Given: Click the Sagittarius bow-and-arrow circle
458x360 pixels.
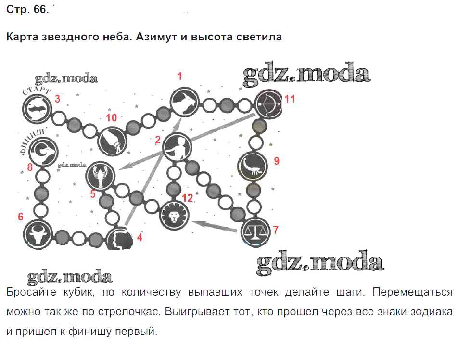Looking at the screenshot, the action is [x=268, y=104].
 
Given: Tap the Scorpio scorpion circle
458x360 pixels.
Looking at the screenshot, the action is [x=253, y=167].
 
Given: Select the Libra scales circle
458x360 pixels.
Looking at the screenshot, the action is [x=255, y=231].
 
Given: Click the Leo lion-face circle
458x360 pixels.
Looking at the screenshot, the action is [x=174, y=215].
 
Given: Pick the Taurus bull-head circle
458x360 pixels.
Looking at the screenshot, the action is [x=38, y=234].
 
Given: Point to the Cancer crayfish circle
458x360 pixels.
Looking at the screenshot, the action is [x=101, y=176].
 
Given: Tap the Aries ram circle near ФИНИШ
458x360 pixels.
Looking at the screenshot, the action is [x=44, y=151].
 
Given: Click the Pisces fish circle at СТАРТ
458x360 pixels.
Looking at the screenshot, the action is [x=37, y=109].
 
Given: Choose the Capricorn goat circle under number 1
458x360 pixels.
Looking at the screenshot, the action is [x=184, y=102].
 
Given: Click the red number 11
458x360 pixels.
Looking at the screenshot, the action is [x=290, y=99].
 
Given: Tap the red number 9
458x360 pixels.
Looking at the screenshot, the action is [x=277, y=161].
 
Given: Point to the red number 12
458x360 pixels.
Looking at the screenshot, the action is [x=188, y=198].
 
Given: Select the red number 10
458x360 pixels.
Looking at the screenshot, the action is [x=111, y=117].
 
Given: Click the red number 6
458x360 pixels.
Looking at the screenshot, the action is [x=20, y=217].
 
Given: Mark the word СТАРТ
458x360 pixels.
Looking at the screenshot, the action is [x=36, y=90].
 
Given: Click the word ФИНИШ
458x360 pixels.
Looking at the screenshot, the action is [x=32, y=141].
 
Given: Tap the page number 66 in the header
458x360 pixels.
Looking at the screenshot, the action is [x=40, y=10].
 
